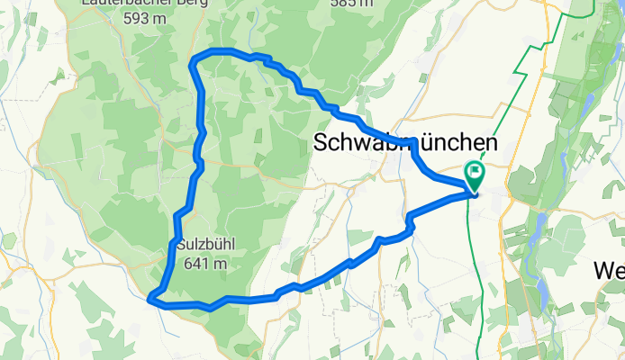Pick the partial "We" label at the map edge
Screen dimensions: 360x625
coord(611,269)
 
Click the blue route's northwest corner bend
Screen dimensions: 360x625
coord(194,60)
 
